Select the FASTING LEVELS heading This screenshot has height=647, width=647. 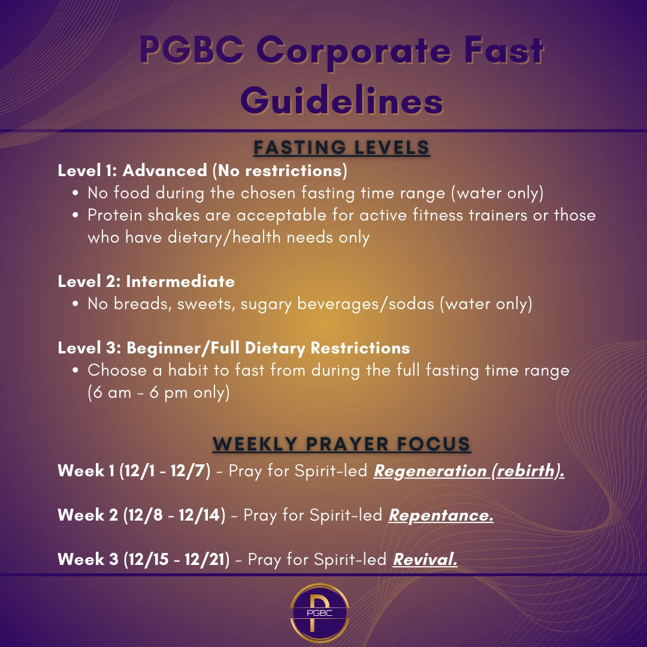(x=341, y=147)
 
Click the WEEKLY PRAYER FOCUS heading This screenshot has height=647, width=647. (x=341, y=444)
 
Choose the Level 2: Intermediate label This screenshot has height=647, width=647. (x=146, y=281)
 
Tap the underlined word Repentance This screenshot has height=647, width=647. (x=441, y=515)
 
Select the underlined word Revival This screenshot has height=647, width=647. (x=425, y=560)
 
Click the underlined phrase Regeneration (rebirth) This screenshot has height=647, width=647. (x=469, y=471)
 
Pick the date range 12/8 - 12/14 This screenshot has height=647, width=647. (x=173, y=515)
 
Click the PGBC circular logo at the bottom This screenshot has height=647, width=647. (x=319, y=613)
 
